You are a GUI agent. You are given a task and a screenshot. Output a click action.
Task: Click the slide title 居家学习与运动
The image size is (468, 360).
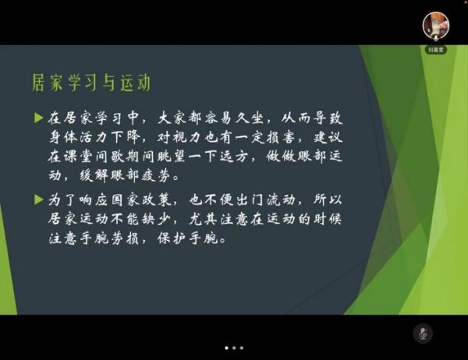[91, 83]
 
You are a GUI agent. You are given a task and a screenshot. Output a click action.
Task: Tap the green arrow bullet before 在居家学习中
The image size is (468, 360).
[39, 118]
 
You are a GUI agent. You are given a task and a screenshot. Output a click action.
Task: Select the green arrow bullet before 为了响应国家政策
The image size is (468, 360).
[39, 199]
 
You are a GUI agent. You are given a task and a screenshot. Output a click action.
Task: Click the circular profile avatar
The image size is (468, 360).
[436, 26]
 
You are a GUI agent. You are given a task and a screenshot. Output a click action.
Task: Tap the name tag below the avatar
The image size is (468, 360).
[436, 50]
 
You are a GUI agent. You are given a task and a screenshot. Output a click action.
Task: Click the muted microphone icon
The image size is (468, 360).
[423, 334]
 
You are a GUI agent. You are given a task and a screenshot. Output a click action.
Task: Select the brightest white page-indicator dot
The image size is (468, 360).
[226, 348]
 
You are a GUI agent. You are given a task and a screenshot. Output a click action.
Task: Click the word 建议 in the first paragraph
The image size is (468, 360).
[328, 137]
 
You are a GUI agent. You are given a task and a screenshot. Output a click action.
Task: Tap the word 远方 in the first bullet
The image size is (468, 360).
[234, 157]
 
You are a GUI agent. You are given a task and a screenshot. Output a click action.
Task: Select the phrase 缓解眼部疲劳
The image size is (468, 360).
[126, 175]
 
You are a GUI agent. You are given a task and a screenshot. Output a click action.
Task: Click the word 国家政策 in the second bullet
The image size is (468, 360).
[141, 199]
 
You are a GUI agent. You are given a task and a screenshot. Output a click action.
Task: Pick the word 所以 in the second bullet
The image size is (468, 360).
[328, 199]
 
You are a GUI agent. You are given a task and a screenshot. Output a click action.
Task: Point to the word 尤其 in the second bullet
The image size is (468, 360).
[203, 219]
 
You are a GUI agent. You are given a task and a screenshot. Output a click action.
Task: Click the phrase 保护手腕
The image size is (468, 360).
[187, 238]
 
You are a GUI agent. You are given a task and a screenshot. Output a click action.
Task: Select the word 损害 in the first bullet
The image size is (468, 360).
[281, 137]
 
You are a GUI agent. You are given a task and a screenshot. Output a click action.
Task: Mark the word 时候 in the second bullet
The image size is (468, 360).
[328, 219]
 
